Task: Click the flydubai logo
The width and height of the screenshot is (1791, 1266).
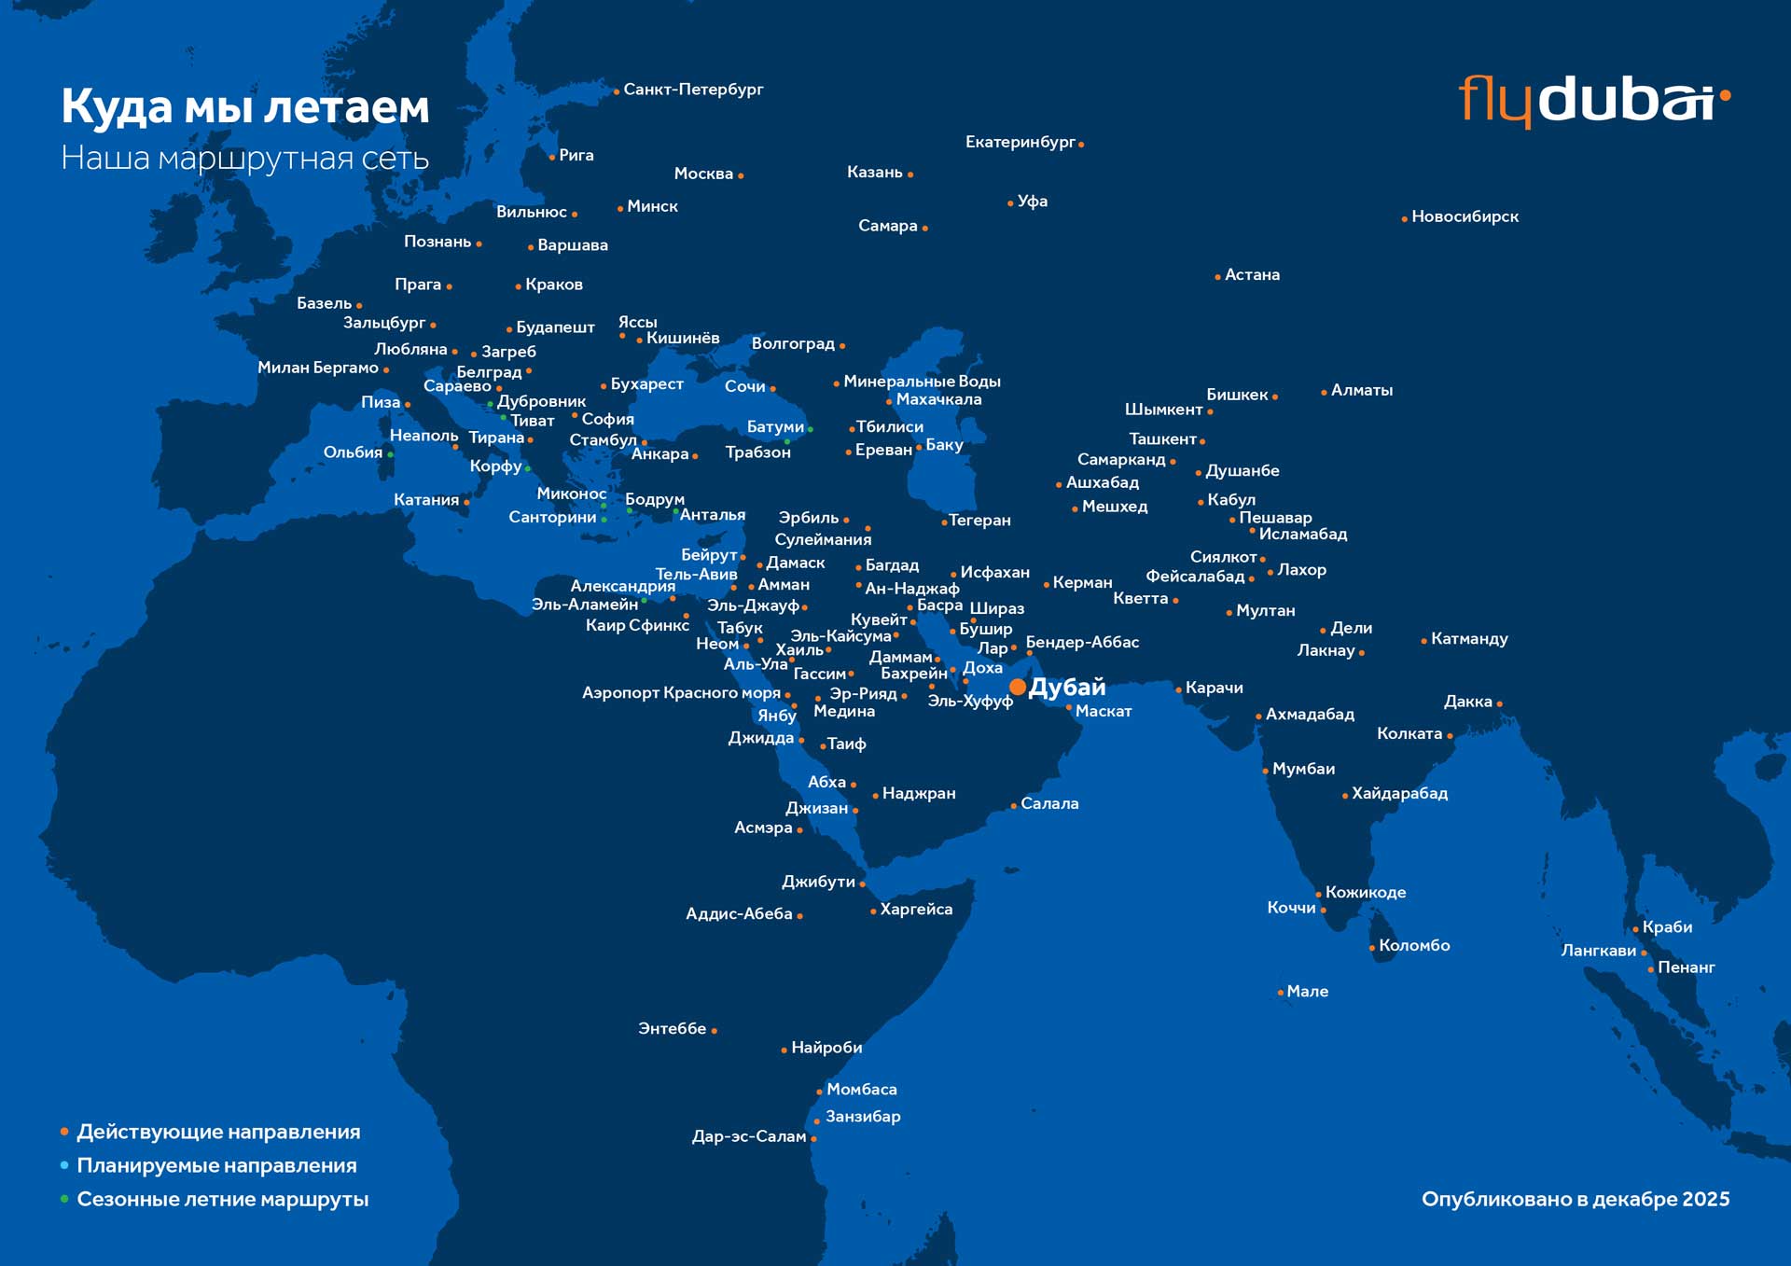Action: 1593,99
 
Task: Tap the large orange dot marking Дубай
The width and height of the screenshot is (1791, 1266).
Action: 1018,688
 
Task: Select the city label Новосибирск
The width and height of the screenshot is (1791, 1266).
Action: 1465,216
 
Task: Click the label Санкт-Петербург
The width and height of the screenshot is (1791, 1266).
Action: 693,90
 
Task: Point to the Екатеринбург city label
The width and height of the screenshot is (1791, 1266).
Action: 1020,142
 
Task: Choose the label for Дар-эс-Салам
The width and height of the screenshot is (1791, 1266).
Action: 748,1136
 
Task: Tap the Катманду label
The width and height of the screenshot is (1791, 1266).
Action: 1469,639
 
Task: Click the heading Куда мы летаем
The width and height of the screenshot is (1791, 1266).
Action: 245,106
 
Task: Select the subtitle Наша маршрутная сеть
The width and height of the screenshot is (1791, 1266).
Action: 245,158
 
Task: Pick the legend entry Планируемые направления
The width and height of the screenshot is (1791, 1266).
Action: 216,1165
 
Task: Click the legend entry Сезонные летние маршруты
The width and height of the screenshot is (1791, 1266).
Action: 222,1199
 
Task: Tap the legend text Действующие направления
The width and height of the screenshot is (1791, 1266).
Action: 218,1132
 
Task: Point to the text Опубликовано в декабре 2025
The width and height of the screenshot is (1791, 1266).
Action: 1575,1199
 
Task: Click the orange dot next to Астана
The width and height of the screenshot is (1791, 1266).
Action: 1217,277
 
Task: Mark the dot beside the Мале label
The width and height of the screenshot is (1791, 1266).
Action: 1280,993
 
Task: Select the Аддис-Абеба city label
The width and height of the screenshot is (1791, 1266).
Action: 739,914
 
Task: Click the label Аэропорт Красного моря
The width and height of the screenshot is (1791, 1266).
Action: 681,693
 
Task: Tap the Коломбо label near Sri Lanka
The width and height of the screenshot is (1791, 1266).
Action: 1414,945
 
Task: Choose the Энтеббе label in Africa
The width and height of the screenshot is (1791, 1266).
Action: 672,1028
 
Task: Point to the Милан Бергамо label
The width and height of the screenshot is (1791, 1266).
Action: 318,368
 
